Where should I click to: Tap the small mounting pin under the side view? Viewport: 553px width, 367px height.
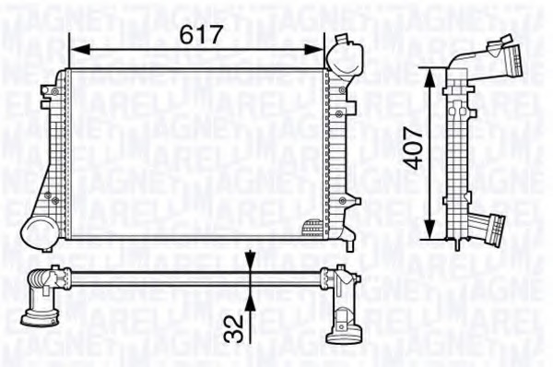(458, 243)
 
